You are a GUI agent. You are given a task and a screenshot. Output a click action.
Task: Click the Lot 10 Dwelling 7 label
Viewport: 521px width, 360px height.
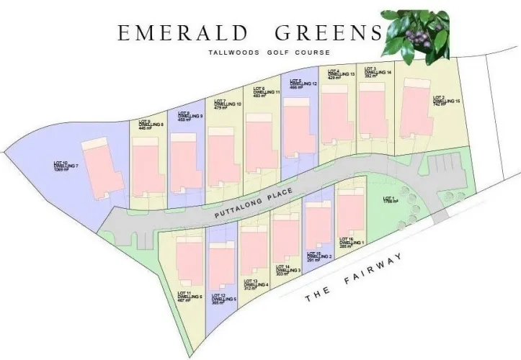coord(65,166)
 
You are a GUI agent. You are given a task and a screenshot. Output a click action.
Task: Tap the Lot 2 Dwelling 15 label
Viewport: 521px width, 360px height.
coord(446,100)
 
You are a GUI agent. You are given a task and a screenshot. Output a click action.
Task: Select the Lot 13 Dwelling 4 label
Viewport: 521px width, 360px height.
coord(256,284)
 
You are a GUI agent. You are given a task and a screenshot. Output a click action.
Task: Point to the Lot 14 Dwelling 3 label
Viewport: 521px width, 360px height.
coord(288,270)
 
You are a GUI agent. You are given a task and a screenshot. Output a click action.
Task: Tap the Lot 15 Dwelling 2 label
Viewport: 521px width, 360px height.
coord(319,257)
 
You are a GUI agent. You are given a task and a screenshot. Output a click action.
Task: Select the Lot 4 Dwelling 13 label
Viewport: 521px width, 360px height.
coord(341,74)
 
